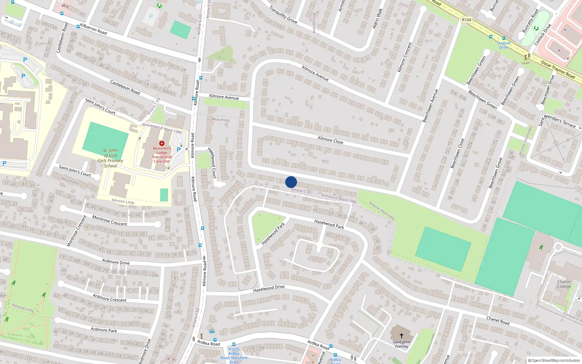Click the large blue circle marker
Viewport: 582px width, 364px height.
(291, 182)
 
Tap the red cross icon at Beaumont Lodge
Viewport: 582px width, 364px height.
(162, 143)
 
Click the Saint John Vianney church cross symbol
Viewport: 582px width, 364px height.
(402, 335)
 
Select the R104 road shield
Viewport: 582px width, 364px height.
(466, 20)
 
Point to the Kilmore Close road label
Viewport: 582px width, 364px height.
(330, 140)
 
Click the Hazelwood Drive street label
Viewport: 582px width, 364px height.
(269, 289)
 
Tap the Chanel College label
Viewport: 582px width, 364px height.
(564, 284)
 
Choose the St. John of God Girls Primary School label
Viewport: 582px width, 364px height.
(111, 158)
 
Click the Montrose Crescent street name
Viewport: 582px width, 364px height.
(109, 221)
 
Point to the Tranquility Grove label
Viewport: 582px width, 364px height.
(283, 15)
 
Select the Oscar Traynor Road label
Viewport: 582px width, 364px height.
(558, 69)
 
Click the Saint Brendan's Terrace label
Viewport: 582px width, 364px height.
(557, 121)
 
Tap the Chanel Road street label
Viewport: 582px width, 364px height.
(498, 320)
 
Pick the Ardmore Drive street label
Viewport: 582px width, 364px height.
(116, 262)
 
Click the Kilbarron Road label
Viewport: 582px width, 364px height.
(93, 29)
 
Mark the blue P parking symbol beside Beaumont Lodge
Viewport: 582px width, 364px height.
(179, 150)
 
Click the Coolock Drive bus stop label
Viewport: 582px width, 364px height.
(504, 45)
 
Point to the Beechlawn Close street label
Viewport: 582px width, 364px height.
(457, 153)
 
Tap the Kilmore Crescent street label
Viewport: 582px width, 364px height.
(405, 57)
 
